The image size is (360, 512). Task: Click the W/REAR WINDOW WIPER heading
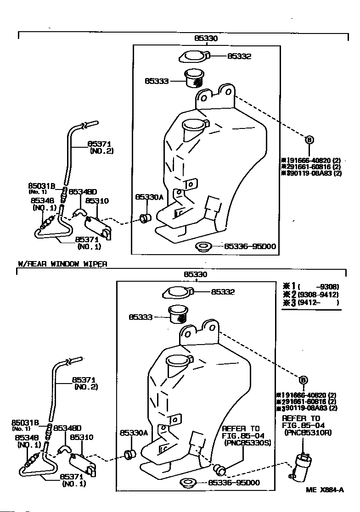tap(62, 264)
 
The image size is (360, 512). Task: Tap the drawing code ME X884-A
tap(325, 490)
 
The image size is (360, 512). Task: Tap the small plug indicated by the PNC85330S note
tap(220, 469)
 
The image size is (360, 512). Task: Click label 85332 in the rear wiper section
tap(223, 291)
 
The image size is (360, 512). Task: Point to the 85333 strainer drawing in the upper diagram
tap(195, 78)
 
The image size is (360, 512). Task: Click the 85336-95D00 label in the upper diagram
tap(250, 246)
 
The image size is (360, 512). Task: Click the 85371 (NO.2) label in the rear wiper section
tap(85, 384)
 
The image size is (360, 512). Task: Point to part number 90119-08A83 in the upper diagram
tap(314, 173)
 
